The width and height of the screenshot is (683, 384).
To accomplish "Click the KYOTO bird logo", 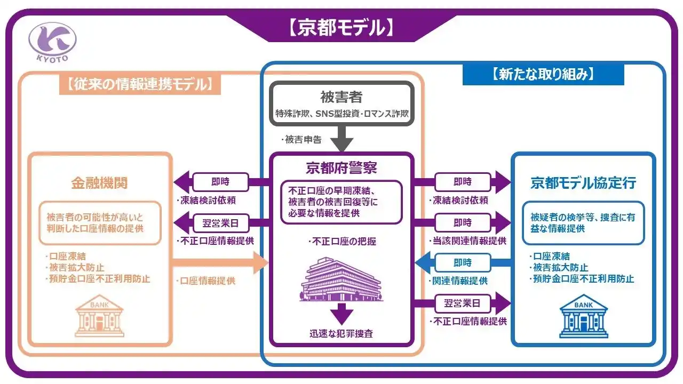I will click(x=52, y=42).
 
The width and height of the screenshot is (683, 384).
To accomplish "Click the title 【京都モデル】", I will click(x=341, y=27).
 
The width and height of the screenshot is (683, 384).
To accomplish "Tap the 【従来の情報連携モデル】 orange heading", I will click(x=140, y=84).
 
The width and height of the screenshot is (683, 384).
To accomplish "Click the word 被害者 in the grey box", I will click(x=341, y=98).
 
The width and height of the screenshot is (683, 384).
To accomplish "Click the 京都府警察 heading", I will click(x=341, y=168).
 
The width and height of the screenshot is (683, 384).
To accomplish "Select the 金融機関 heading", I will click(x=99, y=183).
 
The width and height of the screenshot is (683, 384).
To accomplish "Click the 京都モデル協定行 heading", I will click(x=583, y=183).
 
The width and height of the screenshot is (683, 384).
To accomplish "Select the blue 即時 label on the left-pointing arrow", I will click(x=462, y=262).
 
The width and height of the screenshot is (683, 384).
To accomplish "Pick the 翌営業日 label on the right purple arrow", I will click(x=462, y=304).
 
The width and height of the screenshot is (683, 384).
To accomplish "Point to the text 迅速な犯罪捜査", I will click(x=341, y=334).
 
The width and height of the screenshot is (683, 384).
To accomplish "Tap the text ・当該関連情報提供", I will click(x=467, y=241).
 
